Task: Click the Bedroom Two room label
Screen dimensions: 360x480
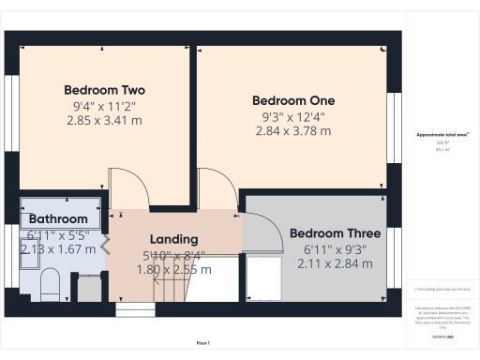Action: (x=104, y=90)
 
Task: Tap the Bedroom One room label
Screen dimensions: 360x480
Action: (x=292, y=100)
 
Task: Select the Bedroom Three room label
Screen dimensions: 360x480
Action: (x=334, y=233)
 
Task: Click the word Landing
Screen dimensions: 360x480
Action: (x=174, y=239)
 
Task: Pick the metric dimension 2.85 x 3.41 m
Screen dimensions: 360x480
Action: (x=104, y=122)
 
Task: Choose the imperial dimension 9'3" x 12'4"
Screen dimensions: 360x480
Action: (x=292, y=116)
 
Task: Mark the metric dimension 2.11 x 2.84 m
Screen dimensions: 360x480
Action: (x=334, y=264)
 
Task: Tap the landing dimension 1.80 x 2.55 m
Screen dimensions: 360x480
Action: (x=176, y=269)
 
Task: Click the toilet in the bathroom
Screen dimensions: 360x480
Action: (x=51, y=282)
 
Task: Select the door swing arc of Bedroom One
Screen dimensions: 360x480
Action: (x=214, y=187)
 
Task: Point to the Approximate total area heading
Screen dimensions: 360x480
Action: (x=442, y=135)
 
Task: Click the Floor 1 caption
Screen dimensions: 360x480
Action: (x=202, y=344)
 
